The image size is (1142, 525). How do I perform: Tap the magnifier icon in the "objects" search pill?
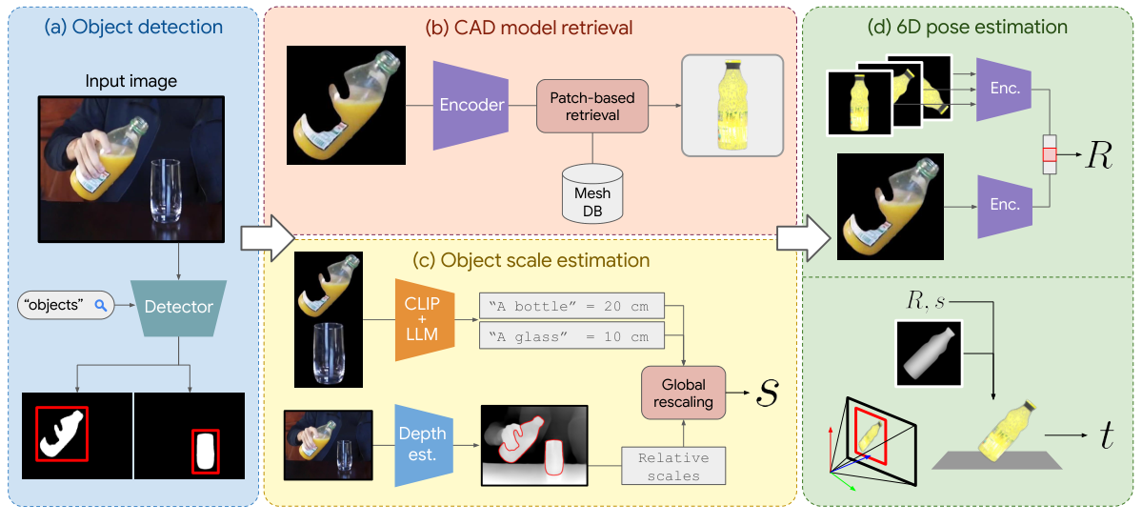(98, 306)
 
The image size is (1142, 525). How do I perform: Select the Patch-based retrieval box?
(592, 106)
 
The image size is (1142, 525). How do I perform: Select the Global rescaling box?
(682, 393)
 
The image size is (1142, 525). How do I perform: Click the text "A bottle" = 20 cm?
(571, 306)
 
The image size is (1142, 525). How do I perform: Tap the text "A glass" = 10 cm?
(571, 336)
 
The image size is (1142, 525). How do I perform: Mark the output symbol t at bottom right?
(1106, 436)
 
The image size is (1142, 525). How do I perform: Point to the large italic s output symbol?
(766, 392)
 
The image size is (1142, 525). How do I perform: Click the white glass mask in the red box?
(205, 452)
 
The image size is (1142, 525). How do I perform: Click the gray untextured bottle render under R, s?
(929, 354)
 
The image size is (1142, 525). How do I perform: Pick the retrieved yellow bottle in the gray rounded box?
(731, 104)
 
